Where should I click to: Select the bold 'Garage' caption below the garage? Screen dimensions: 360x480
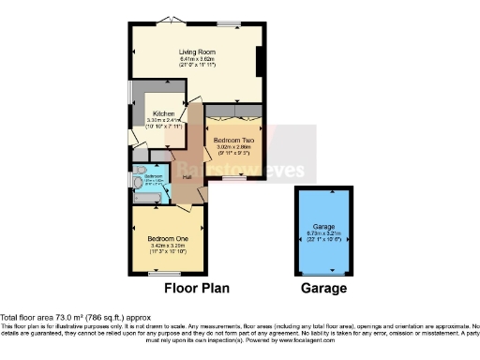(x=324, y=289)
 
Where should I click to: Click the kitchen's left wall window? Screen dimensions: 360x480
(x=131, y=97)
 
